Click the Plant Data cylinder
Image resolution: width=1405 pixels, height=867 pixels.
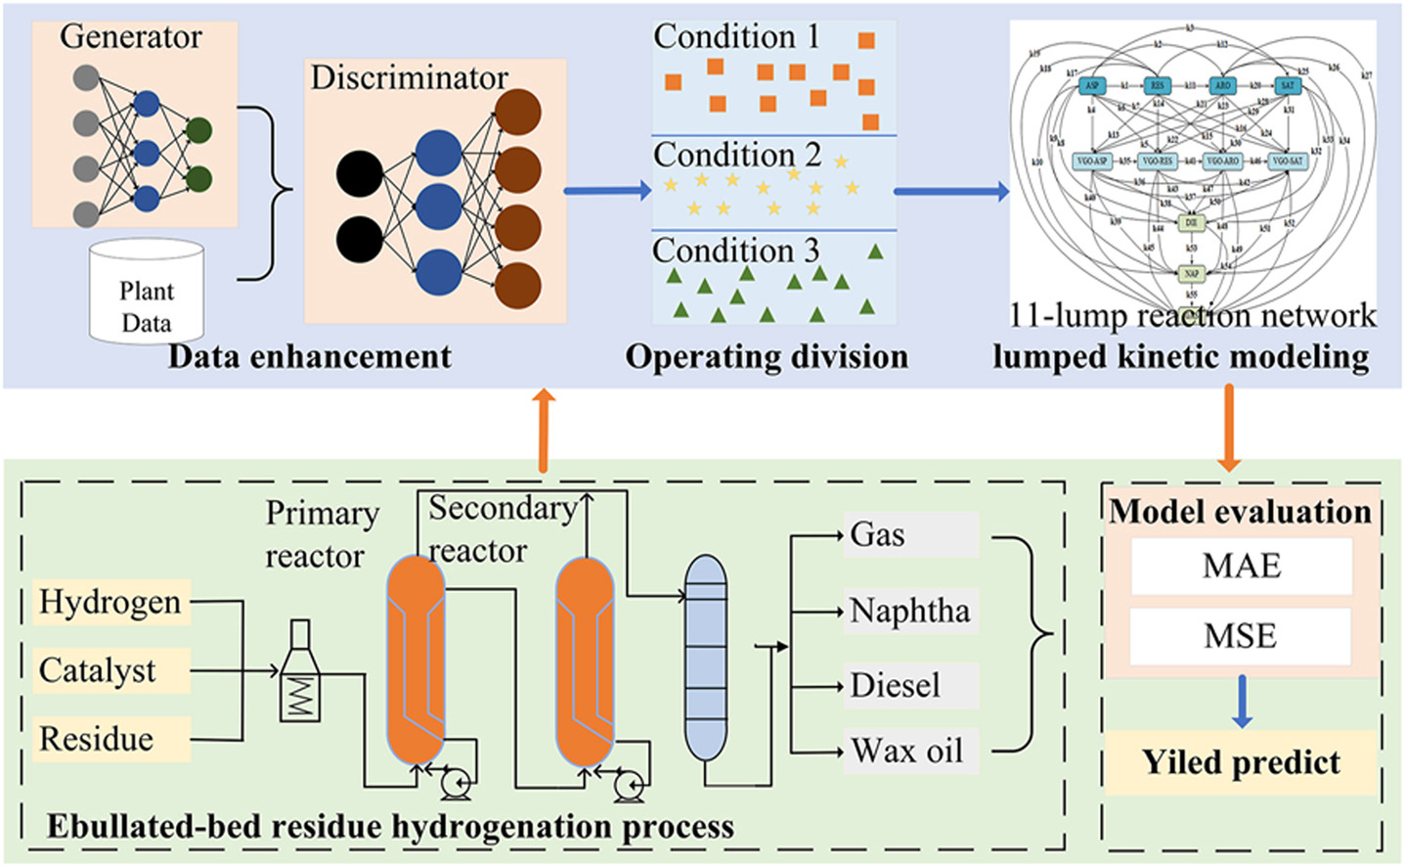coord(147,294)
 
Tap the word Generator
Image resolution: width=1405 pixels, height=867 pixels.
coord(130,36)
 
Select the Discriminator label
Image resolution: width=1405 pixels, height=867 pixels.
coord(409,77)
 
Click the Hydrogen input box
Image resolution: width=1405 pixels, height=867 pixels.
coord(110,602)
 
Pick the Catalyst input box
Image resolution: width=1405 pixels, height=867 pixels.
coord(98,670)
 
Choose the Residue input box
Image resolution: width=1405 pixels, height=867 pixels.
coord(97,739)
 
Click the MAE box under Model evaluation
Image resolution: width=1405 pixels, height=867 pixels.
coord(1241,566)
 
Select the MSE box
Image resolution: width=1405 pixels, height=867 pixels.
coord(1241,636)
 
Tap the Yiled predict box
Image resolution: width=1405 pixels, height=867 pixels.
coord(1241,762)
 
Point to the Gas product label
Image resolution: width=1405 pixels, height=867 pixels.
coord(878,534)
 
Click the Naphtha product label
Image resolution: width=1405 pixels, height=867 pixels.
coord(909,611)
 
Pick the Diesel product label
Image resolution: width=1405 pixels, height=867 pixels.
coord(895,685)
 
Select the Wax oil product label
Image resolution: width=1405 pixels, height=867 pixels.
coord(906,752)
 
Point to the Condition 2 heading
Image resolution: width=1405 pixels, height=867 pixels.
coord(736,155)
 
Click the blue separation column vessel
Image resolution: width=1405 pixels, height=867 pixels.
coord(706,658)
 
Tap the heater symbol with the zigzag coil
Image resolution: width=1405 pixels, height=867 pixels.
coord(300,675)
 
